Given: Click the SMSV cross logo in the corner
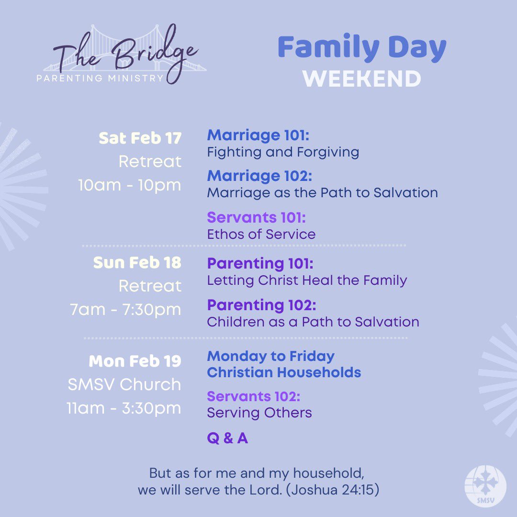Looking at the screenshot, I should click(x=485, y=487).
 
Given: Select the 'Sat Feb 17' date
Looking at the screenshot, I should click(x=140, y=138).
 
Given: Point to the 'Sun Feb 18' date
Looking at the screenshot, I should click(x=137, y=263).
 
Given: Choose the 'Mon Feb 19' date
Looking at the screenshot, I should click(x=135, y=361).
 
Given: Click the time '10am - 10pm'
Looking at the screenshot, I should click(x=130, y=185).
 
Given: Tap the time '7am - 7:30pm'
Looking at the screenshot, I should click(x=125, y=310).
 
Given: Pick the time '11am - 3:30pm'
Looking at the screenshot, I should click(x=124, y=408).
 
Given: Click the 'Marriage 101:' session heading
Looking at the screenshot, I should click(x=258, y=135).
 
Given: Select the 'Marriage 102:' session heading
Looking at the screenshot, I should click(x=259, y=176).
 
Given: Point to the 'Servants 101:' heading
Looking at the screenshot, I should click(x=256, y=217).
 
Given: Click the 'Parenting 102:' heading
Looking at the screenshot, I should click(x=261, y=305).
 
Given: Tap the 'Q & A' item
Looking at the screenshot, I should click(x=227, y=438).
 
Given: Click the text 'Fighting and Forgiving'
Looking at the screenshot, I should click(x=283, y=152).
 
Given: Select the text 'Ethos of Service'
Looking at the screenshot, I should click(x=261, y=234).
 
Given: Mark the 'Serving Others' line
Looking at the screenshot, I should click(x=259, y=413).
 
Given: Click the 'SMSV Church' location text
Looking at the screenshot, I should click(x=124, y=384).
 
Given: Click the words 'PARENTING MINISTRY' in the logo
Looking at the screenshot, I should click(x=100, y=78).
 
